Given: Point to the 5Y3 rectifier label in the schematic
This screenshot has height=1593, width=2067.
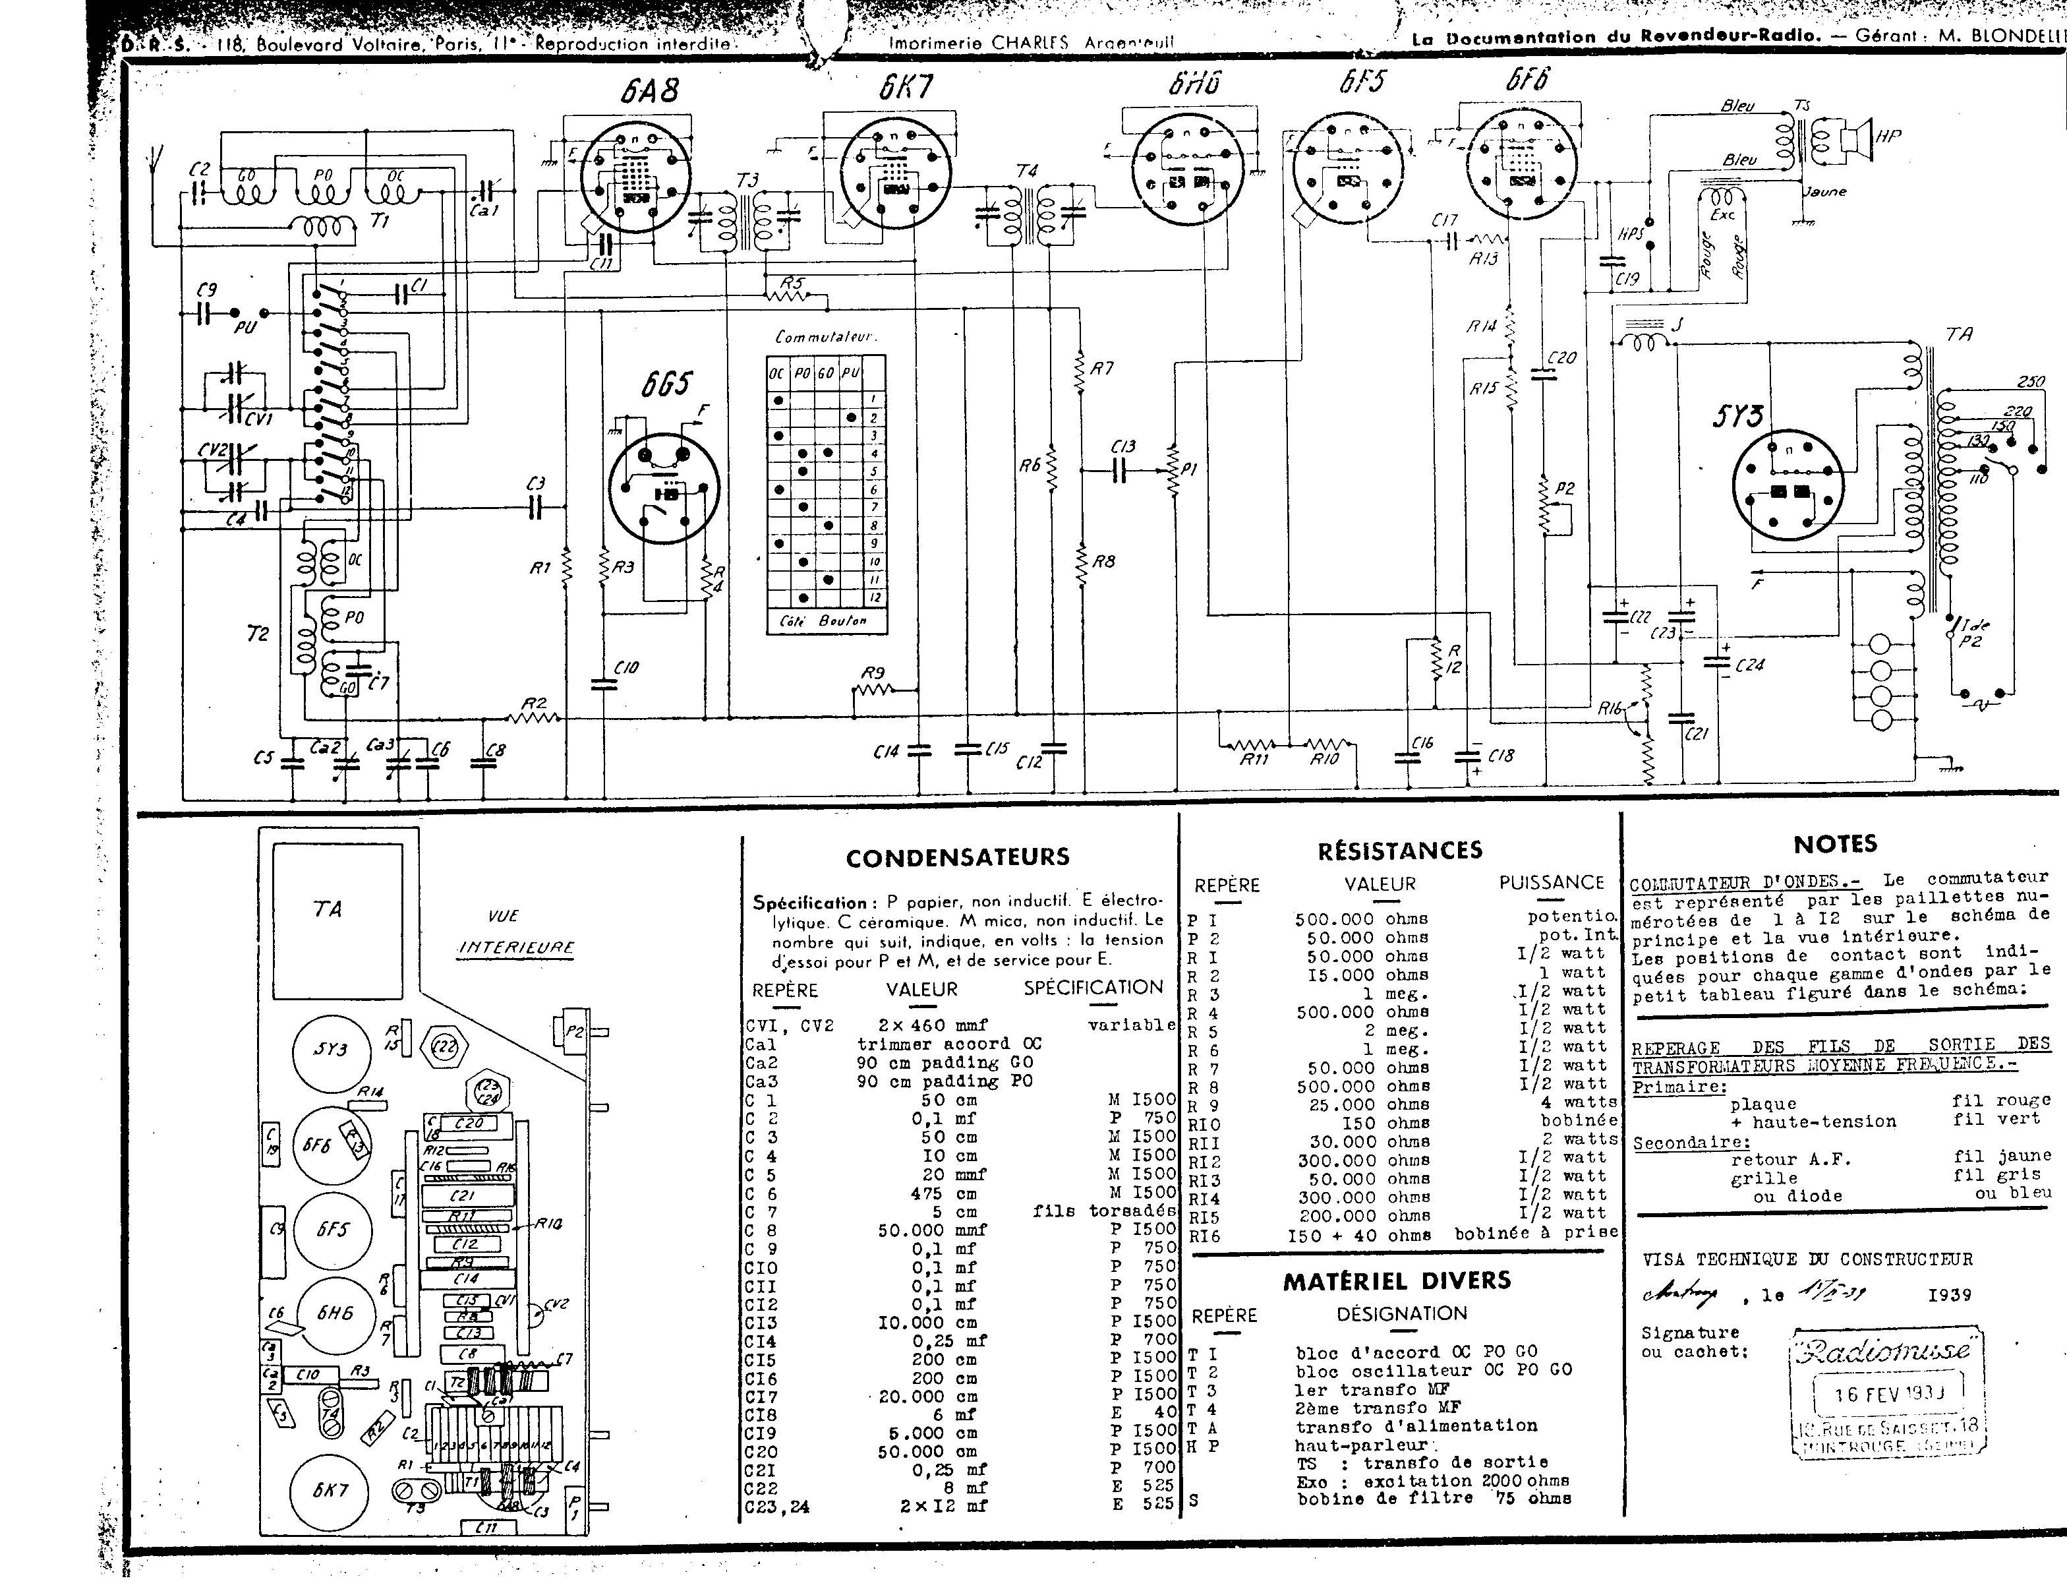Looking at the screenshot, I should click(1737, 417).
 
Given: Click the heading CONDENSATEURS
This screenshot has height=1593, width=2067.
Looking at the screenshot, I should click(958, 858).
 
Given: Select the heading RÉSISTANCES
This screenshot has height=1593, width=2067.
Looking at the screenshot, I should click(1400, 850).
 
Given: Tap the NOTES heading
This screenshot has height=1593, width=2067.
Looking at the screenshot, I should click(1835, 843).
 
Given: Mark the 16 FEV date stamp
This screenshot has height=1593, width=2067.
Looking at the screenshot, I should click(1889, 1395).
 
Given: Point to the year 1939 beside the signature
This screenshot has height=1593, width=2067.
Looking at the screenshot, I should click(1950, 1295).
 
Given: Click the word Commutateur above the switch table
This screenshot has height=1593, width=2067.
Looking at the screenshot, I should click(825, 337).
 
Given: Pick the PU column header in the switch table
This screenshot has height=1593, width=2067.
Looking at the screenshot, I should click(850, 373).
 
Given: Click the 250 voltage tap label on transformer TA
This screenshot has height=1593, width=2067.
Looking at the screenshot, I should click(2031, 382).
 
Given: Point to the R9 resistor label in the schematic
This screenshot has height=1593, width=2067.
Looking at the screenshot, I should click(873, 673).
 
